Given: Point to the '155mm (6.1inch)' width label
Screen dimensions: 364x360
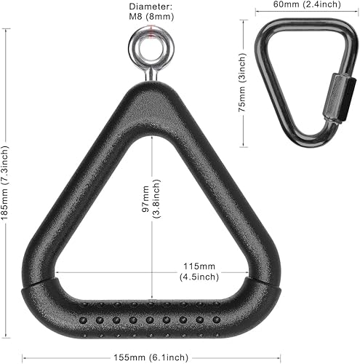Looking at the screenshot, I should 151,357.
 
